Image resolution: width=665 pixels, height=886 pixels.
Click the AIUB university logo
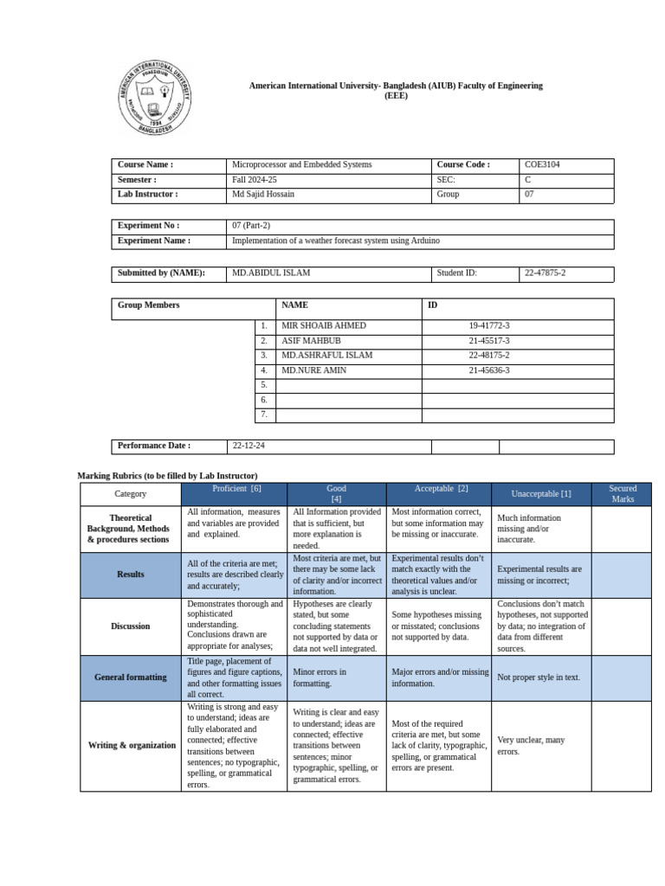155,98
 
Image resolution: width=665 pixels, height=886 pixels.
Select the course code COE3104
542,164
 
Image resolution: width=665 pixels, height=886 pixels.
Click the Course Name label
145,164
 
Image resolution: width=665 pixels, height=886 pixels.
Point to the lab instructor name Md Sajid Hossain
263,195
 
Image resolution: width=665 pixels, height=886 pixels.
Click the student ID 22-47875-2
545,273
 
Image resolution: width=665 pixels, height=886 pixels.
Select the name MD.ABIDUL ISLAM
272,273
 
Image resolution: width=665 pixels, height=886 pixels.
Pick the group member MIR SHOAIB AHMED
324,326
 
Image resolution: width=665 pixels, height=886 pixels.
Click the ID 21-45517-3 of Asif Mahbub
489,341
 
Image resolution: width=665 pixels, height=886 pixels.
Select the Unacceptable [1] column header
541,494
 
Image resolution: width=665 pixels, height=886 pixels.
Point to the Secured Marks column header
622,494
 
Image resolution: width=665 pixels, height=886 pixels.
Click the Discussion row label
130,626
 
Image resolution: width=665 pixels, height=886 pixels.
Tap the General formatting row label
130,677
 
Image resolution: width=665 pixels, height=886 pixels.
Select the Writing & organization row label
132,745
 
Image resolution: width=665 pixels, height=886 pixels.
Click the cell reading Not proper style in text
539,677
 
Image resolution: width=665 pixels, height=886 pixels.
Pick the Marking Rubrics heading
167,476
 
